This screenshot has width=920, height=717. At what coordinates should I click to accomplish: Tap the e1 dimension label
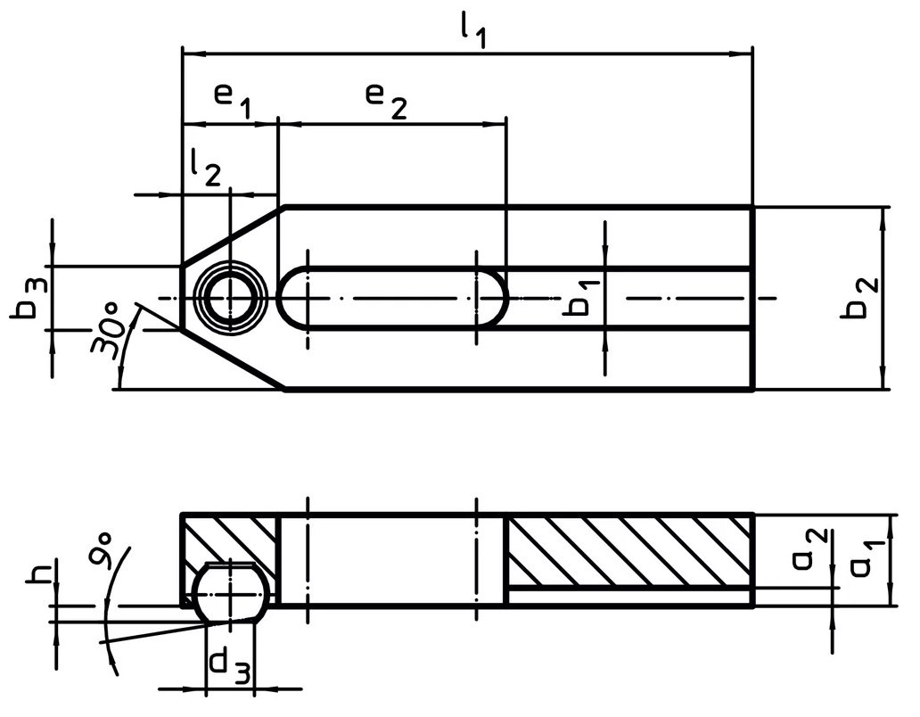pyautogui.click(x=233, y=100)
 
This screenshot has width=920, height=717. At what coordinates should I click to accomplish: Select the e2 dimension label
pyautogui.click(x=386, y=100)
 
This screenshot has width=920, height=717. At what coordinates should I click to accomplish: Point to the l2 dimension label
pyautogui.click(x=205, y=169)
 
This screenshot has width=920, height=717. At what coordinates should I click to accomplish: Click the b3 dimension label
pyautogui.click(x=28, y=297)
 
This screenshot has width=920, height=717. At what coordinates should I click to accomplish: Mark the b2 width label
pyautogui.click(x=859, y=297)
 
